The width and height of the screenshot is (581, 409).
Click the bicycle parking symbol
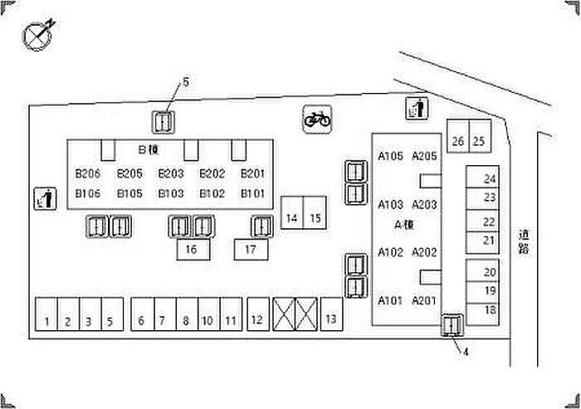coord(317,119)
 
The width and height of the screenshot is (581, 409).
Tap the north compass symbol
coord(38,35)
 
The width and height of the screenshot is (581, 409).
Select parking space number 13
coord(332,314)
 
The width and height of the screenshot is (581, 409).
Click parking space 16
coord(193,250)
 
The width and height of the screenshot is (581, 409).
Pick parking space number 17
coord(251,250)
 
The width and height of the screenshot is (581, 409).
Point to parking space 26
coord(458,136)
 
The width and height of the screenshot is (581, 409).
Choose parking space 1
coord(46,314)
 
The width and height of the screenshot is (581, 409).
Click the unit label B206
coord(88,173)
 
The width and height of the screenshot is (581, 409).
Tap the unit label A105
coord(391,156)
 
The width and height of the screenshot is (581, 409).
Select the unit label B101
coord(252,193)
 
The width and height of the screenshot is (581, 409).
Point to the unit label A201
coord(424,300)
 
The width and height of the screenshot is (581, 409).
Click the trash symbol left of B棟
coord(45,198)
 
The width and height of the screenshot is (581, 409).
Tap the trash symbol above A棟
coord(417,109)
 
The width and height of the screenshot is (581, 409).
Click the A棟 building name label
coord(404,225)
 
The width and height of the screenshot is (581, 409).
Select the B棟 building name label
coord(149,149)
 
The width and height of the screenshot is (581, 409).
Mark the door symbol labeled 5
coord(164,122)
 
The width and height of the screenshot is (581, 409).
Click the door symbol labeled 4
coord(452,325)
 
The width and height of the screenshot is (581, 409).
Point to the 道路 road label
coord(524,242)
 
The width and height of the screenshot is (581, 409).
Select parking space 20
coord(482,270)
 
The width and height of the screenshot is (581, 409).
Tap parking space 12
coord(258,314)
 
